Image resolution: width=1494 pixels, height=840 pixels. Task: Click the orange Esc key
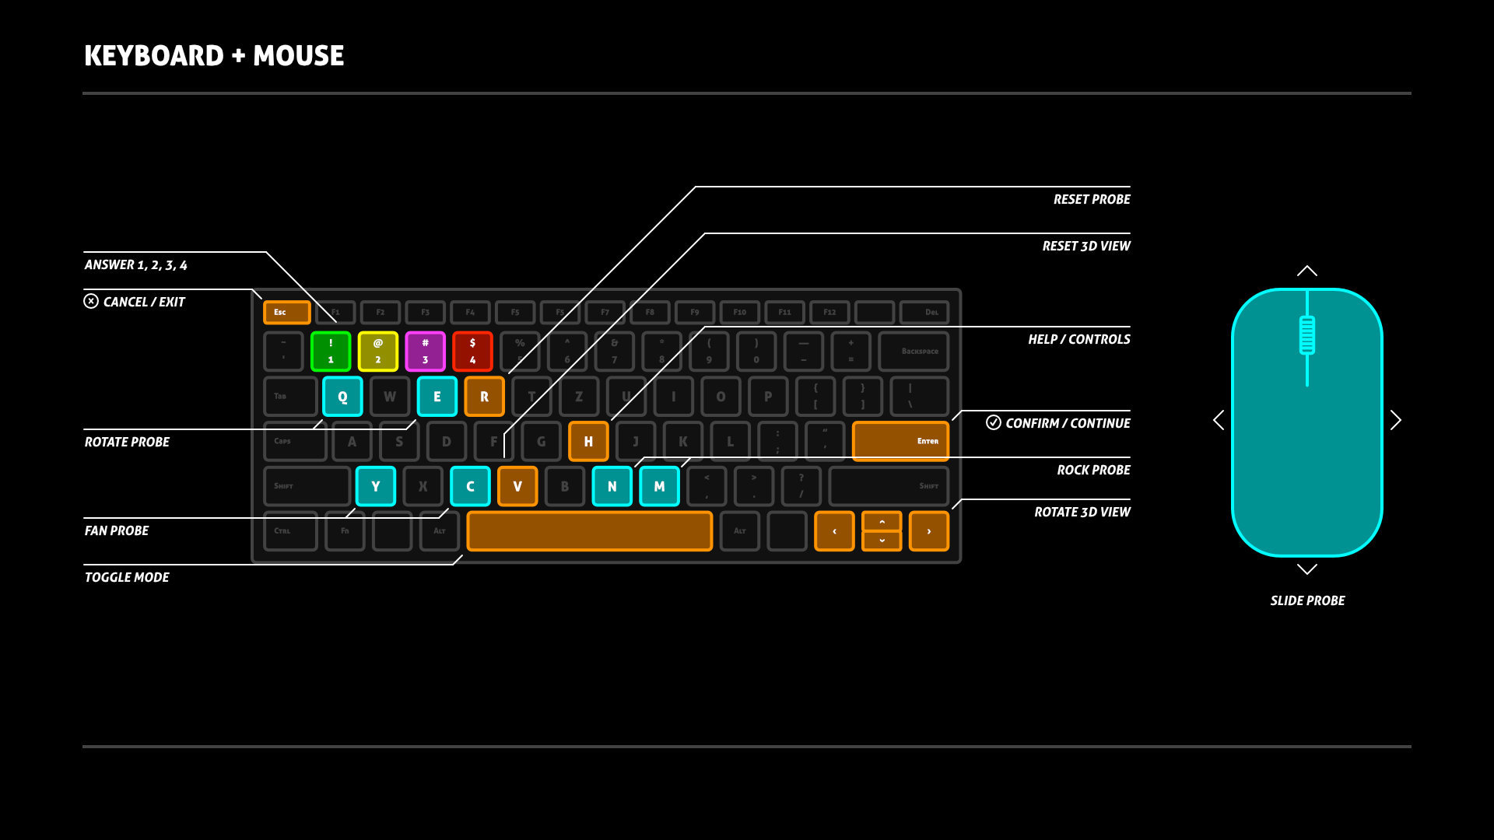tap(286, 312)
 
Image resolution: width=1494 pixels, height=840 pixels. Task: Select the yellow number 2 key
tap(378, 352)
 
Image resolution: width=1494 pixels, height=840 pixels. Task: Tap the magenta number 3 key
tap(426, 352)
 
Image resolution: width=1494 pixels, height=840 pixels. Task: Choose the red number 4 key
tap(472, 352)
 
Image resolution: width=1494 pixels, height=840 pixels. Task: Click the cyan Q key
tap(342, 397)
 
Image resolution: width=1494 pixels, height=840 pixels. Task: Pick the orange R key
tap(484, 397)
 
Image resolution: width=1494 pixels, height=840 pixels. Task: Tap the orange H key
tap(588, 442)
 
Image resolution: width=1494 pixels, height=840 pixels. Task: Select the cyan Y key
tap(376, 486)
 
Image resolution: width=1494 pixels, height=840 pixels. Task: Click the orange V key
tap(517, 486)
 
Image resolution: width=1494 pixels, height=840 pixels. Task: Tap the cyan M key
tap(659, 486)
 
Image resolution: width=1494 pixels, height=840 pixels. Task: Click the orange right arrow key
tap(928, 531)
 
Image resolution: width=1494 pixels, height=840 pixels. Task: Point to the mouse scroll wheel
tap(1307, 335)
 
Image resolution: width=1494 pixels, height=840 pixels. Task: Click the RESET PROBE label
tap(1092, 200)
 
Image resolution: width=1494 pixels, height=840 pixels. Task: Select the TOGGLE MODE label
tap(127, 577)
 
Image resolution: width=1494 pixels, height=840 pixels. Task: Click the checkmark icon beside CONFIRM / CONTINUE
tap(994, 422)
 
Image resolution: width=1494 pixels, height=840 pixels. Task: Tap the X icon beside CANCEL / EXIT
tap(91, 301)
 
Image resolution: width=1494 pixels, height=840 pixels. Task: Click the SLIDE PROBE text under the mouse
tap(1307, 600)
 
